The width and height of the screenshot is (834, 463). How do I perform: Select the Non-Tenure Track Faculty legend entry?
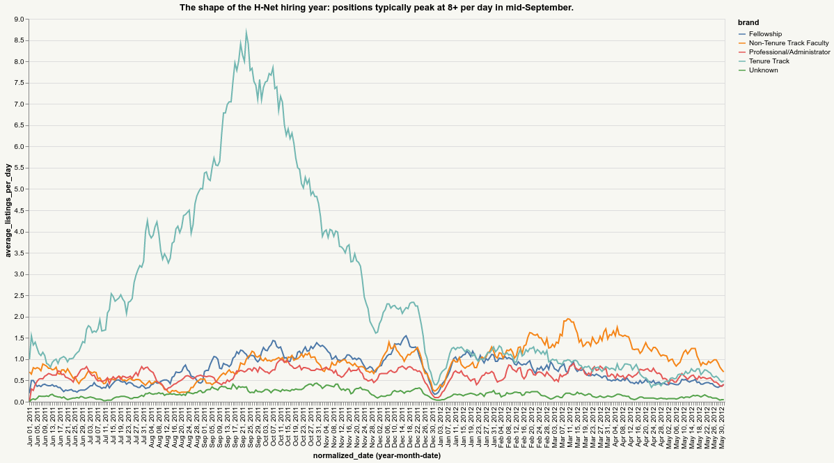click(788, 42)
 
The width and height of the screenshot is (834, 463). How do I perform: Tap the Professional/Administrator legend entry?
click(789, 52)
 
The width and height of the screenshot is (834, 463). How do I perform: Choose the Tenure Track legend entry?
click(769, 61)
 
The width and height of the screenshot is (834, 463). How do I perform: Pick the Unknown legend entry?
click(763, 70)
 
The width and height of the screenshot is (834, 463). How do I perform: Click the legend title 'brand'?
click(748, 22)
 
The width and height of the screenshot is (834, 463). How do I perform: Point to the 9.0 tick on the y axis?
click(19, 19)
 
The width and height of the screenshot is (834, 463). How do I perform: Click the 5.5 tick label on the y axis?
click(19, 168)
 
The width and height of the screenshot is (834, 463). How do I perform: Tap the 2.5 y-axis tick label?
click(19, 296)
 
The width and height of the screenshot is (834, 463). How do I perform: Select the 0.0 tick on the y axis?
click(19, 402)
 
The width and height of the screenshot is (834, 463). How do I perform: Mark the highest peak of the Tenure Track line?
click(246, 31)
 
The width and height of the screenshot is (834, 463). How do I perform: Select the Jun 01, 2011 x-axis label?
click(29, 427)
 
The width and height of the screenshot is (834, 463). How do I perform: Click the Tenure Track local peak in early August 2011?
click(148, 220)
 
